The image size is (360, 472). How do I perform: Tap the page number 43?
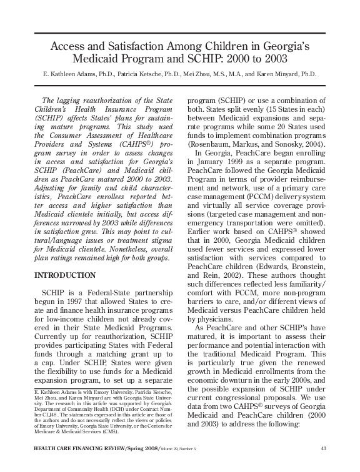[x=323, y=448]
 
